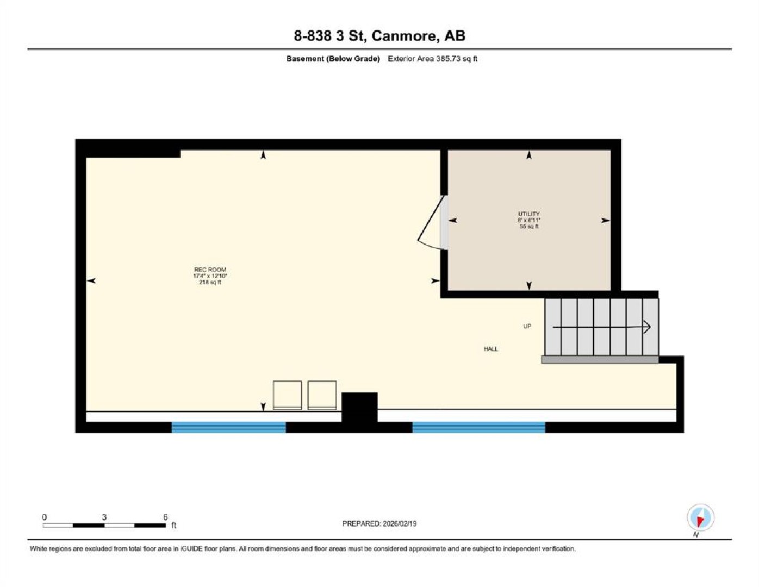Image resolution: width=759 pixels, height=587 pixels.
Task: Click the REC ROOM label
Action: (210, 270)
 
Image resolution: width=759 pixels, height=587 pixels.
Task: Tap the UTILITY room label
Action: (529, 214)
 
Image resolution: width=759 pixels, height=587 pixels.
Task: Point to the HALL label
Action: (491, 349)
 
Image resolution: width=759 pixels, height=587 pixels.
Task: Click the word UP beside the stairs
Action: (527, 326)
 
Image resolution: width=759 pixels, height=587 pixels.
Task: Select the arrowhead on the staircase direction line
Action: (647, 327)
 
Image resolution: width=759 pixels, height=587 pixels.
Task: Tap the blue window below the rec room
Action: (229, 427)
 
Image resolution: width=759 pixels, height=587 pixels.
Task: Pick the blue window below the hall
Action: (479, 427)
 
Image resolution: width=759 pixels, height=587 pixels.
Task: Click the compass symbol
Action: (700, 518)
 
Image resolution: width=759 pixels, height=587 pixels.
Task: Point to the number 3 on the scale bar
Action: (104, 517)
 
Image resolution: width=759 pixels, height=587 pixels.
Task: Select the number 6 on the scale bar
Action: (165, 517)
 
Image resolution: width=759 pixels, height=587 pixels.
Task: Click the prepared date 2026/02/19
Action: (400, 524)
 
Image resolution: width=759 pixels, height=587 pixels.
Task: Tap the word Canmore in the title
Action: (404, 36)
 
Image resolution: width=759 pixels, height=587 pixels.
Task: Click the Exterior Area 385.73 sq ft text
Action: (432, 59)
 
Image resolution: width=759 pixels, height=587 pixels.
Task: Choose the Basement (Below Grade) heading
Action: (333, 59)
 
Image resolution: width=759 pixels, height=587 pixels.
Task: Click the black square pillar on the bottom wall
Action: (359, 407)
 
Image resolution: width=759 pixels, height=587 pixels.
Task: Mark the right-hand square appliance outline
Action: (322, 395)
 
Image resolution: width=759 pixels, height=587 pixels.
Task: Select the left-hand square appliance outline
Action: (287, 395)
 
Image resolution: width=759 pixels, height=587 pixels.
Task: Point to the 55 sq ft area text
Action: (529, 226)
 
